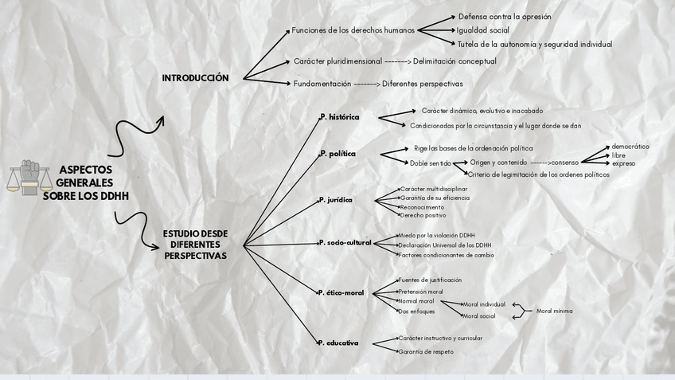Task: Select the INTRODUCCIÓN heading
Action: click(x=195, y=78)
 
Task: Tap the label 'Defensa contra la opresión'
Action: click(x=504, y=17)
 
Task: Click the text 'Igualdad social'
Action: click(x=482, y=30)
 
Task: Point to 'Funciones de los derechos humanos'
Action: click(x=353, y=30)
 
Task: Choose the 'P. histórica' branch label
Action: click(x=340, y=117)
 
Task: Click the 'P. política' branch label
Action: click(x=337, y=153)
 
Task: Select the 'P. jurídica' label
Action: click(x=336, y=200)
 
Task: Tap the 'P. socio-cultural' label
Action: click(x=345, y=242)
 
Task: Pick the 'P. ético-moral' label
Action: click(x=341, y=293)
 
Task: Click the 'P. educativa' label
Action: click(x=338, y=343)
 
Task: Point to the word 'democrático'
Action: click(x=630, y=147)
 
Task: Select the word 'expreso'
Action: click(x=623, y=163)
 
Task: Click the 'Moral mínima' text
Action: click(x=554, y=311)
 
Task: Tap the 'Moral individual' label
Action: click(x=484, y=304)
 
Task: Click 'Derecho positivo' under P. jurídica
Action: click(x=423, y=215)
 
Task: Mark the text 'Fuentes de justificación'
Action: click(x=430, y=280)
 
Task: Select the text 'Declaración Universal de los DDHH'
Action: click(x=445, y=245)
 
